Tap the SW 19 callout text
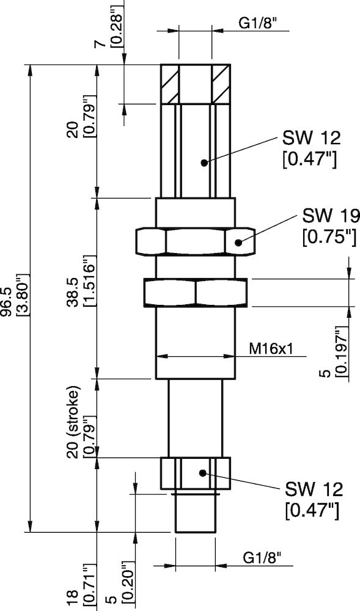(x=330, y=216)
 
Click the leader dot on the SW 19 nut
(x=239, y=242)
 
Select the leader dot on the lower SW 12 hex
(x=203, y=472)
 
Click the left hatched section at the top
(x=169, y=84)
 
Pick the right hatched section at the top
(x=220, y=84)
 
